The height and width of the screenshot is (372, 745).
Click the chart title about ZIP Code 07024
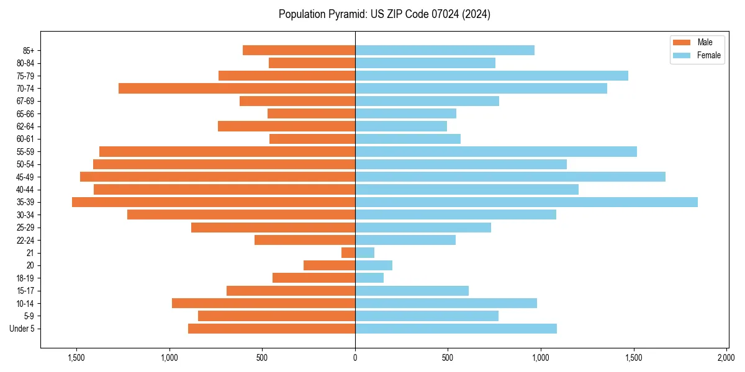384,14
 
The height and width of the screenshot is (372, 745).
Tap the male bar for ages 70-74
237,89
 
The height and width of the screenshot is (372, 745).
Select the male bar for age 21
348,253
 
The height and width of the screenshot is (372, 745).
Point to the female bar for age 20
374,265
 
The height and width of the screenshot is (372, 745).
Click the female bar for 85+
445,50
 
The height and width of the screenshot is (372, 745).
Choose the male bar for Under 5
271,329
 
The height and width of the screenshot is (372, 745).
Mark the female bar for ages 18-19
369,278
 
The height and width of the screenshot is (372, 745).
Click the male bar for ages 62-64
286,126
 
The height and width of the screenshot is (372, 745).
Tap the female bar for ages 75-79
492,76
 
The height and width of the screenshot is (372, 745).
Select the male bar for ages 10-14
263,303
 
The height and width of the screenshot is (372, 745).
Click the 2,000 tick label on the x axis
726,358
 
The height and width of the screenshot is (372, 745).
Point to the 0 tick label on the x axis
355,358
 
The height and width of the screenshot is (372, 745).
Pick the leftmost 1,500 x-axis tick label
76,358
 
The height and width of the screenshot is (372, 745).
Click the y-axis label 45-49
25,177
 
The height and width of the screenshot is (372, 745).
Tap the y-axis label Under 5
22,329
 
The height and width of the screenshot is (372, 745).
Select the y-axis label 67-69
25,101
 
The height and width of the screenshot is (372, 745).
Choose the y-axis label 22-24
25,240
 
